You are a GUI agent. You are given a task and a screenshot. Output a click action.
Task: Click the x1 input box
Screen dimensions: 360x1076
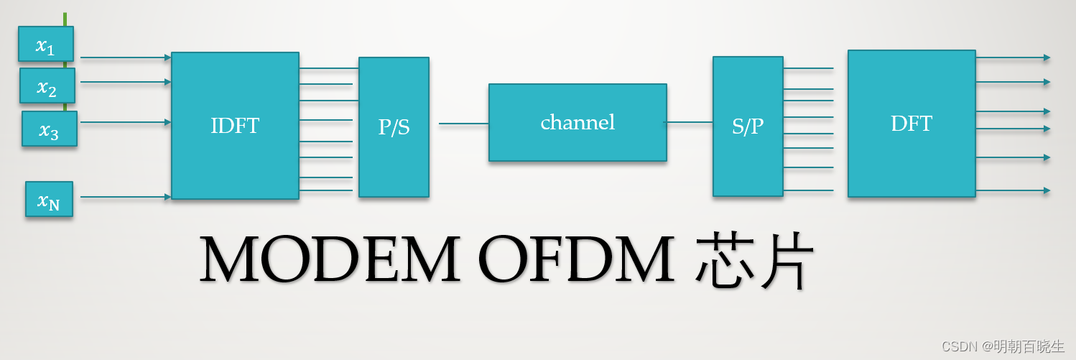pyautogui.click(x=46, y=44)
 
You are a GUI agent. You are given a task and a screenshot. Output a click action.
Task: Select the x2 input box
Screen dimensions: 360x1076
pyautogui.click(x=47, y=86)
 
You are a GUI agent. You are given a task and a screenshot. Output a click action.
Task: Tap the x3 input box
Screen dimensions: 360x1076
pyautogui.click(x=49, y=129)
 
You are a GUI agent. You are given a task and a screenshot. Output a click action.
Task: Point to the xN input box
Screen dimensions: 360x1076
pyautogui.click(x=49, y=199)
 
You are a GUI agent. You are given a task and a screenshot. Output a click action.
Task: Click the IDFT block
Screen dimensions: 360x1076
pyautogui.click(x=235, y=126)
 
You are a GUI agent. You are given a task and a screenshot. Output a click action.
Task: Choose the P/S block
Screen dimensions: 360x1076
pyautogui.click(x=394, y=127)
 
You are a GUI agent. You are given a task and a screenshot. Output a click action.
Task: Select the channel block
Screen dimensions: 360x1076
pyautogui.click(x=578, y=122)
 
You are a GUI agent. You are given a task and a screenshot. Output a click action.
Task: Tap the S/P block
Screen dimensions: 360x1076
pyautogui.click(x=748, y=126)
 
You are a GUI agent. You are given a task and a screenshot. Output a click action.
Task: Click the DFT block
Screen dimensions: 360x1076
pyautogui.click(x=912, y=124)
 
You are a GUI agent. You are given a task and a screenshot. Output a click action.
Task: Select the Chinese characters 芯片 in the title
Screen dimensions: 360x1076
pyautogui.click(x=754, y=260)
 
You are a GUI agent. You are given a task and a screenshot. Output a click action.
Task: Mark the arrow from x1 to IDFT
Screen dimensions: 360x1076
pyautogui.click(x=126, y=57)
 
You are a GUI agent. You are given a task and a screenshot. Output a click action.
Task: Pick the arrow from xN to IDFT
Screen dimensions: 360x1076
pyautogui.click(x=126, y=197)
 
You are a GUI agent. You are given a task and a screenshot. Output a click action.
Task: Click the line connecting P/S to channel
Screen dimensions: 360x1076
pyautogui.click(x=463, y=124)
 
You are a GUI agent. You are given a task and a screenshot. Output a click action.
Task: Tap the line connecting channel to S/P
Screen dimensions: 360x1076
pyautogui.click(x=690, y=122)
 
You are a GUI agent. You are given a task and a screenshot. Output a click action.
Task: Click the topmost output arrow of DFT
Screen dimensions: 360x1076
pyautogui.click(x=1013, y=57)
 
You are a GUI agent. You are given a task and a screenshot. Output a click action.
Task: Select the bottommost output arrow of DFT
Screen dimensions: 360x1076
pyautogui.click(x=1013, y=190)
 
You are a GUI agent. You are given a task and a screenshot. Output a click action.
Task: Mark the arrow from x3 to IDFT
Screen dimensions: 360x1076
pyautogui.click(x=126, y=122)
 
